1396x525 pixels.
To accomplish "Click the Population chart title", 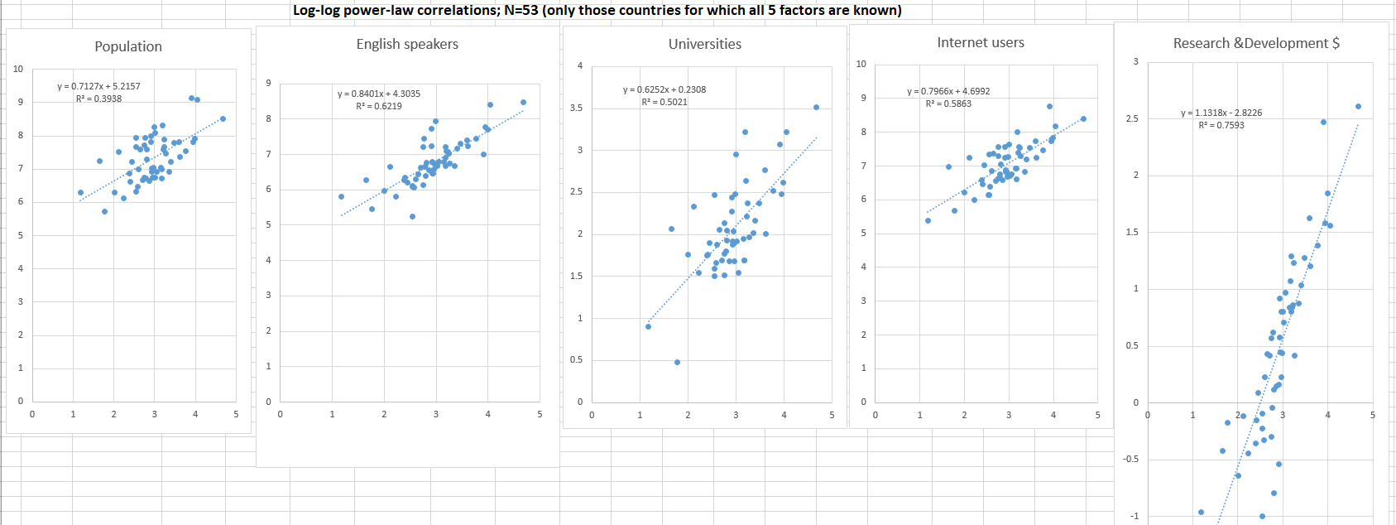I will (128, 46).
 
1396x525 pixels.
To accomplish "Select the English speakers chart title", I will (407, 44).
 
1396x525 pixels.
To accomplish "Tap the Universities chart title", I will (705, 44).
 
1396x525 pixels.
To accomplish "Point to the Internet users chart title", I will (981, 42).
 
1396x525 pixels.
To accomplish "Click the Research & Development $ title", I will (1256, 43).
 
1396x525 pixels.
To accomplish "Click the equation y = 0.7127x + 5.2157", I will (98, 86).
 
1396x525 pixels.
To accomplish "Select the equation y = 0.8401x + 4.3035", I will (379, 94).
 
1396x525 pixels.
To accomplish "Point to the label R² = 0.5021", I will (664, 103).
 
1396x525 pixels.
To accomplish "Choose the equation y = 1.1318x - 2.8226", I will (1221, 113).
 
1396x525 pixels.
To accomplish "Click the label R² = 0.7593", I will (1221, 125).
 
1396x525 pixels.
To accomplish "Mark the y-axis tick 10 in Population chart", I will (18, 69).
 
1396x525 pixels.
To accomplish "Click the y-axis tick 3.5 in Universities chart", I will (576, 108).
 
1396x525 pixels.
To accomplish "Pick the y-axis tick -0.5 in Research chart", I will (1130, 459).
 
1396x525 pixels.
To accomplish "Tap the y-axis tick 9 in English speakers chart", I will (268, 83).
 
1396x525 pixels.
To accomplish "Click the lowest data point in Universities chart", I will (677, 362).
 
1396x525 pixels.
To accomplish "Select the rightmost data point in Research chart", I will (1358, 106).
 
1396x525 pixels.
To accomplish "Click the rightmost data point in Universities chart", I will (816, 107).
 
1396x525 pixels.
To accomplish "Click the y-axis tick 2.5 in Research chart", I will (1132, 118).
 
